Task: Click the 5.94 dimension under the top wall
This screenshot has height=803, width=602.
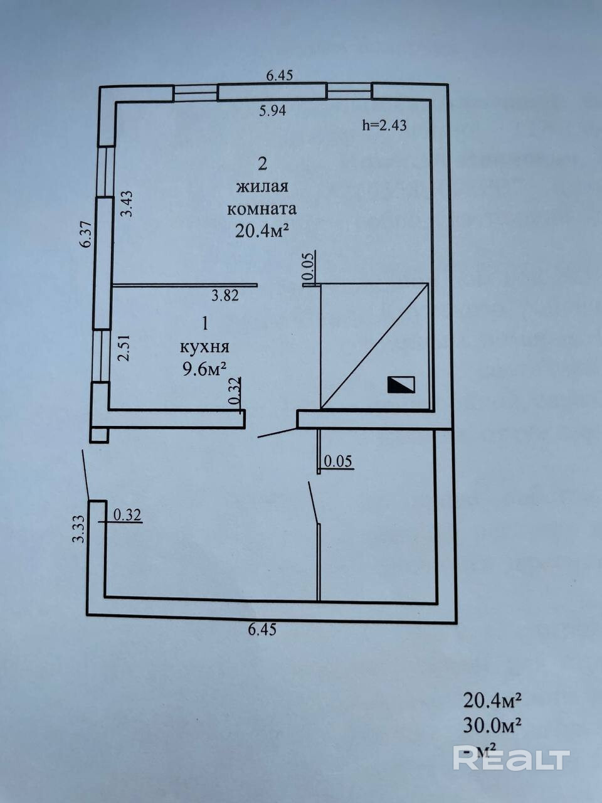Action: [x=272, y=111]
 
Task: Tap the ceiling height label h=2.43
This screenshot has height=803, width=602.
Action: [x=384, y=125]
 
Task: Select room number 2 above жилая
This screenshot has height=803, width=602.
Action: [x=262, y=164]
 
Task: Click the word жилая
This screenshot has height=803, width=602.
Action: [x=262, y=187]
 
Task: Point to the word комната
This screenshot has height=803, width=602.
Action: [x=261, y=209]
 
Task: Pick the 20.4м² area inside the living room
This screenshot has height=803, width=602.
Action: [x=261, y=231]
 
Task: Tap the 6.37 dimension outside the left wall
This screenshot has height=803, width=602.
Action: [x=86, y=236]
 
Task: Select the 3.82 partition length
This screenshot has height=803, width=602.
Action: [x=224, y=296]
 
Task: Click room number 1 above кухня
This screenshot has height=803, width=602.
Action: [x=204, y=324]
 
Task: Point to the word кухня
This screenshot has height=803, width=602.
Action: [x=204, y=347]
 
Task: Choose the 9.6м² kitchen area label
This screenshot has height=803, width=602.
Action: [x=204, y=369]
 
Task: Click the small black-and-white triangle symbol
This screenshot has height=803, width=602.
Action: [x=401, y=385]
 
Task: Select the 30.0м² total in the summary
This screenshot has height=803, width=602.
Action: [x=493, y=725]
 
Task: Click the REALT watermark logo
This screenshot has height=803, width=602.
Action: [x=511, y=758]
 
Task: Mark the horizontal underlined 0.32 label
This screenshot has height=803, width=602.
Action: [x=128, y=515]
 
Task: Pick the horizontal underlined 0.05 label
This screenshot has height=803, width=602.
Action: [x=337, y=462]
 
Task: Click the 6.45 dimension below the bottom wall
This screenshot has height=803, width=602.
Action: [x=262, y=630]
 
